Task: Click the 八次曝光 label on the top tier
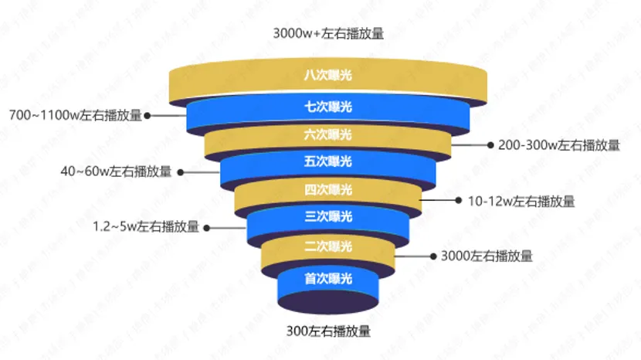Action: pyautogui.click(x=328, y=75)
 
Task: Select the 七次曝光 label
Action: pyautogui.click(x=328, y=106)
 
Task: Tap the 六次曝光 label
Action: pyautogui.click(x=328, y=134)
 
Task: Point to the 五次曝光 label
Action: pyautogui.click(x=328, y=161)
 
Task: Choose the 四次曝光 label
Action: pyautogui.click(x=328, y=190)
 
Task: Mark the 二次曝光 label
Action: pyautogui.click(x=328, y=247)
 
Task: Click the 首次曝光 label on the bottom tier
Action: pyautogui.click(x=328, y=277)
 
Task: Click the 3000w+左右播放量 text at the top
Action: pyautogui.click(x=328, y=34)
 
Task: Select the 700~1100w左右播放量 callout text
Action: pyautogui.click(x=76, y=116)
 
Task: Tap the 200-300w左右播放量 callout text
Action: pyautogui.click(x=558, y=144)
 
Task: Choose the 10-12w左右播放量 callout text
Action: pyautogui.click(x=521, y=201)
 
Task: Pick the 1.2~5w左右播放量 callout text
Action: pyautogui.click(x=146, y=227)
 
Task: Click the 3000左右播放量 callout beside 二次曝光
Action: pyautogui.click(x=486, y=256)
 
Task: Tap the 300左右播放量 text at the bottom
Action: pyautogui.click(x=328, y=332)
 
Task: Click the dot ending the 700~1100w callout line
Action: pyautogui.click(x=148, y=116)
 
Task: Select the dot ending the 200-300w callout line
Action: pyautogui.click(x=490, y=144)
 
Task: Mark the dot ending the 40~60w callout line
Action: pyautogui.click(x=180, y=172)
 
